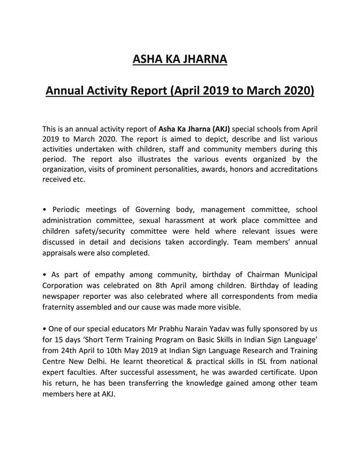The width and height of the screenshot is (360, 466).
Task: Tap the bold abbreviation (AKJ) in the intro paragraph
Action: tap(218, 128)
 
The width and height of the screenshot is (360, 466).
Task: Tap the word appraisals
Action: tap(64, 253)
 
